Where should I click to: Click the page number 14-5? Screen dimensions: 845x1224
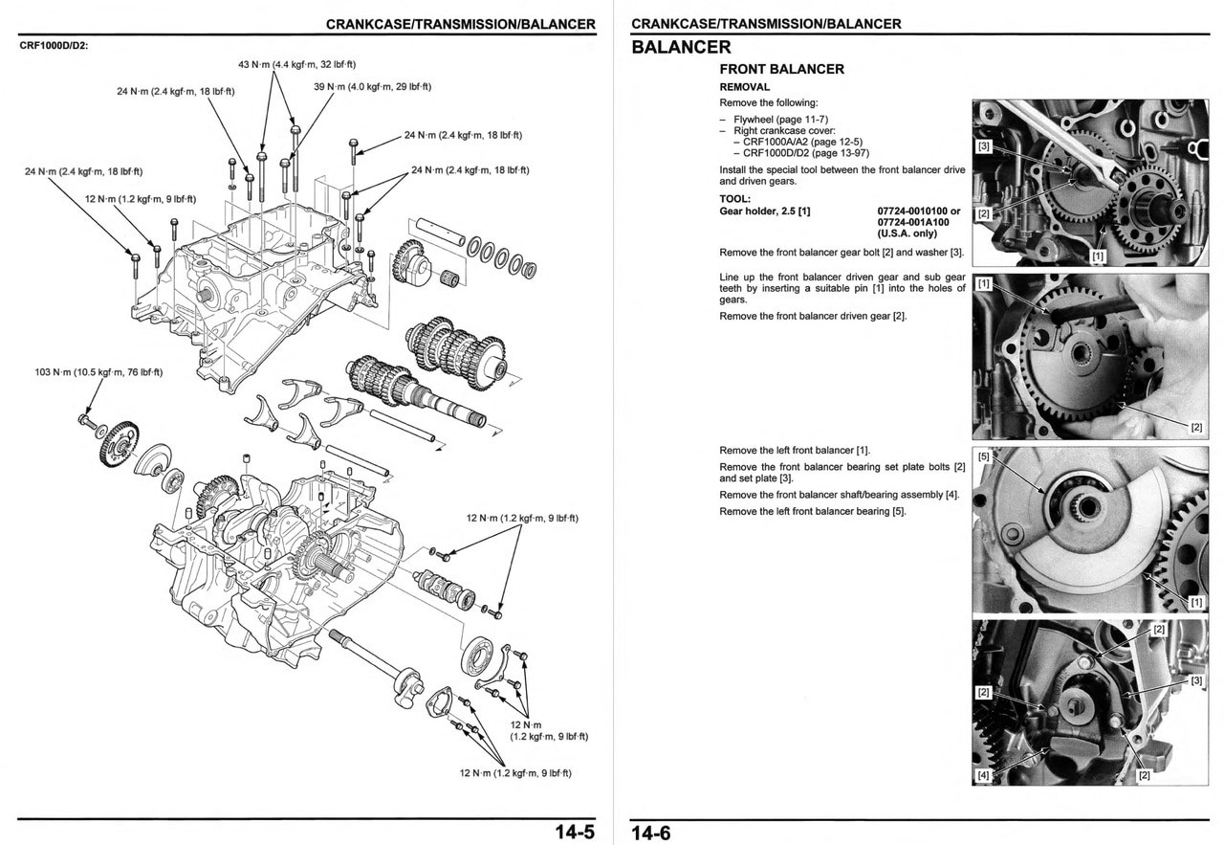574,832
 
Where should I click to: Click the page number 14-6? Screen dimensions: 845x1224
650,833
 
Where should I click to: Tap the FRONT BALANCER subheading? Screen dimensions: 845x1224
781,69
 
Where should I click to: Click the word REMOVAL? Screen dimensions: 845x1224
744,87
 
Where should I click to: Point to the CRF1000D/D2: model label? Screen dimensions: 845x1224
55,45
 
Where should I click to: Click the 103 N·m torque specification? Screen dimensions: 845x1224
98,372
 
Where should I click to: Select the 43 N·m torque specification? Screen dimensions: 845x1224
296,64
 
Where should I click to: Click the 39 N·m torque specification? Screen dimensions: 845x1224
372,86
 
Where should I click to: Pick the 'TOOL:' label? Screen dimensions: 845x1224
734,199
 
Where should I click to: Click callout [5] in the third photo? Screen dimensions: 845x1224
984,456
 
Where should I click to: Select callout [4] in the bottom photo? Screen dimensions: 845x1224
983,774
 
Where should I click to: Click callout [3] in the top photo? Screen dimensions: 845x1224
983,147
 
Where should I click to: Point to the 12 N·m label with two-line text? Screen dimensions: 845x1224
549,730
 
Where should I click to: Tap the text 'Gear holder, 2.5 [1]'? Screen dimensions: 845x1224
764,211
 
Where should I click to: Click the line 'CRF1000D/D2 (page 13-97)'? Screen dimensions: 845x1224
805,153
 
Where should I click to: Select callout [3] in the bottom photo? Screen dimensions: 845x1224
1196,680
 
